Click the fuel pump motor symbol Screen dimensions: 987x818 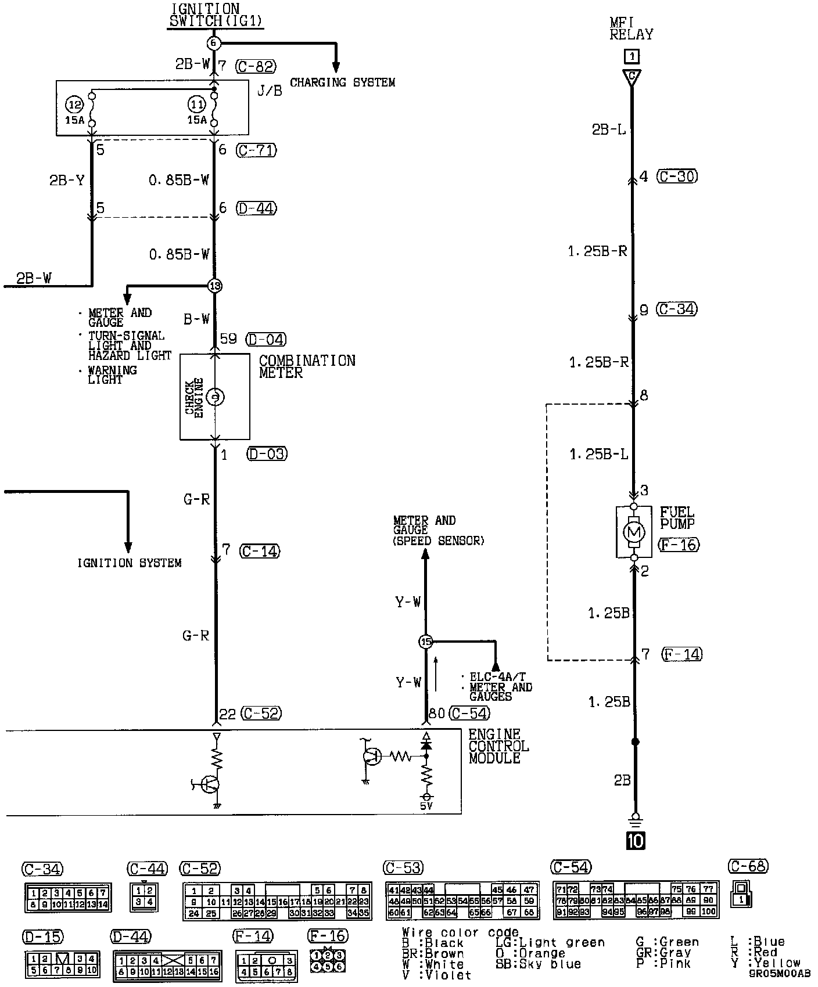point(634,531)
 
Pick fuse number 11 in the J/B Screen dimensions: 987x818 point(197,105)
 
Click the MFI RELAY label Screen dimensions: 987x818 point(631,28)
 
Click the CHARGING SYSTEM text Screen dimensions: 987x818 point(342,82)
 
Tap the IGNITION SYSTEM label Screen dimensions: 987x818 point(130,563)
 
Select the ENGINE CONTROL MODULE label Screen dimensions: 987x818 point(498,746)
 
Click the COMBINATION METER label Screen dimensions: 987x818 point(307,366)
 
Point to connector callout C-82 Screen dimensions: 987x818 point(256,66)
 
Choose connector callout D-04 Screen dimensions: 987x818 point(266,339)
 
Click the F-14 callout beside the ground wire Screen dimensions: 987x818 point(681,655)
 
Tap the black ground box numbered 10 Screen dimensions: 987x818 point(636,840)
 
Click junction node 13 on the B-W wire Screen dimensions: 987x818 point(215,286)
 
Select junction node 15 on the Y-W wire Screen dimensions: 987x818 point(426,642)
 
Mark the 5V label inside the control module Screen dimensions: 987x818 point(426,806)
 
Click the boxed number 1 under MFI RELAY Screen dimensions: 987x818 point(632,56)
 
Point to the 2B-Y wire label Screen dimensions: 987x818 point(67,181)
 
